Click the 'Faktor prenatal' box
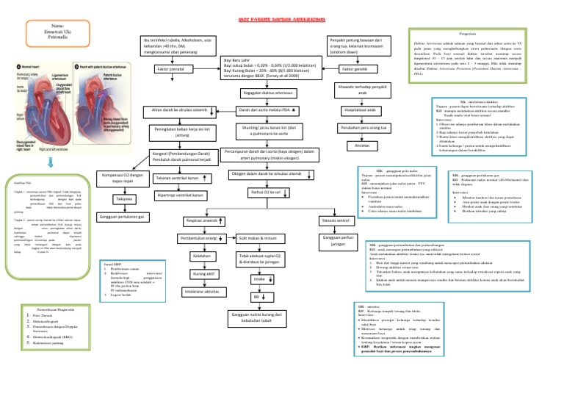click(x=170, y=69)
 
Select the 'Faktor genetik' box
click(x=355, y=69)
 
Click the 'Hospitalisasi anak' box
click(x=361, y=110)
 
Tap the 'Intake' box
click(x=258, y=280)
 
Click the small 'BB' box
click(x=258, y=298)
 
